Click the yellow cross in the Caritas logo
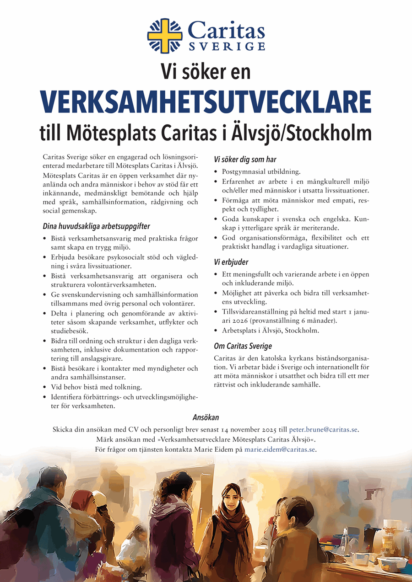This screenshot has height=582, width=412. tap(164, 36)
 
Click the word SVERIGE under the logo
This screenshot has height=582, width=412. tap(226, 46)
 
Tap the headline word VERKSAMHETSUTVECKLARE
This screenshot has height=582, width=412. tap(206, 101)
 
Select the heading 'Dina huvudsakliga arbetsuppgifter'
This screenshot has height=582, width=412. tap(96, 226)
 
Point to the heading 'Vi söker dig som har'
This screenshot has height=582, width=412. tap(245, 160)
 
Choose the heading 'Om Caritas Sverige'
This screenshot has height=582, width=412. tap(243, 346)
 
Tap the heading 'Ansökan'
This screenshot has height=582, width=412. tap(206, 417)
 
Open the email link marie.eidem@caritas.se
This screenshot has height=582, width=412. tap(280, 450)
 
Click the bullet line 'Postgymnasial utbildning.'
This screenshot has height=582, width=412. tap(261, 172)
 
